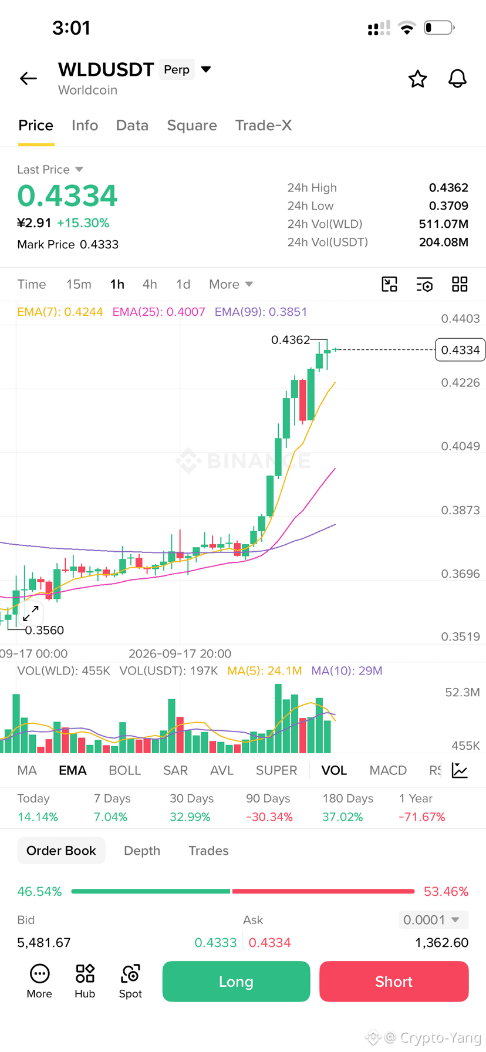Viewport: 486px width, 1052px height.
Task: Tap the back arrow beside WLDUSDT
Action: [x=28, y=78]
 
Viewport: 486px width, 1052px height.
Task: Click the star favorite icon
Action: [x=418, y=79]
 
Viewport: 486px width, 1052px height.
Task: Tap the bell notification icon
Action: [x=457, y=79]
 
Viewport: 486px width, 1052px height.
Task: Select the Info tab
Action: [x=85, y=125]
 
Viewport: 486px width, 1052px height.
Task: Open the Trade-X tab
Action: [x=264, y=125]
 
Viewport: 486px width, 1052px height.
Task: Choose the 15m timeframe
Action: [x=79, y=284]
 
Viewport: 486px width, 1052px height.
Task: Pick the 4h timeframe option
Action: [x=150, y=284]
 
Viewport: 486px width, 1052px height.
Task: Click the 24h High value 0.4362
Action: [x=448, y=188]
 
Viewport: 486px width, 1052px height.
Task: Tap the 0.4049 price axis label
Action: [x=460, y=446]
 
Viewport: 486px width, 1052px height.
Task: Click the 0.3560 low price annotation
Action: [x=45, y=630]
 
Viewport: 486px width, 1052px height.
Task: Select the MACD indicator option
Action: [x=388, y=770]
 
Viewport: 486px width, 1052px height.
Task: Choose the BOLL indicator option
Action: [x=125, y=770]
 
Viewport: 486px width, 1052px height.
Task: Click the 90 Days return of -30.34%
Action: [x=269, y=817]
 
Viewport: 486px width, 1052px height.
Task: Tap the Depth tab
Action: [x=142, y=851]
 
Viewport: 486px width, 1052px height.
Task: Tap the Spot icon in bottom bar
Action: [x=130, y=980]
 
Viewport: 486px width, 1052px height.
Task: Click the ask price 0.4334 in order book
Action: [x=269, y=943]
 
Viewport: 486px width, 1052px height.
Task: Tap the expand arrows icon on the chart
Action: [x=31, y=613]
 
